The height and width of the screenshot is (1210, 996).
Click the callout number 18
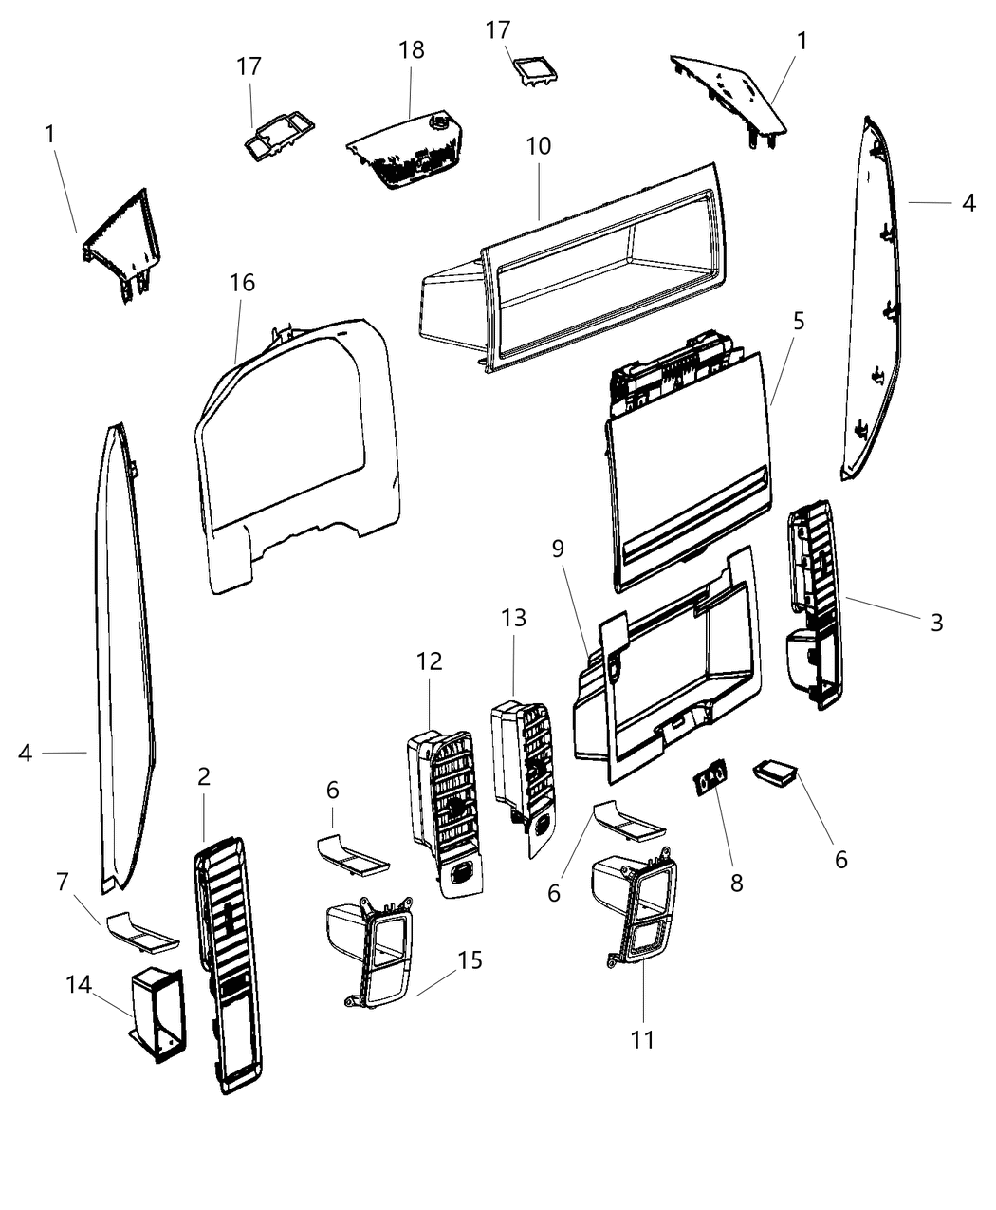(x=412, y=49)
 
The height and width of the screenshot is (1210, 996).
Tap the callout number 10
(x=538, y=146)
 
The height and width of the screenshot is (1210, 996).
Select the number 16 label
(x=242, y=283)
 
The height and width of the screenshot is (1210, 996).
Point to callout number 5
(x=799, y=321)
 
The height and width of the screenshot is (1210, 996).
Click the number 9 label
(x=558, y=549)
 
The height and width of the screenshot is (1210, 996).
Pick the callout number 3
(x=936, y=623)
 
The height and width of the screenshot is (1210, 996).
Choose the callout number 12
(x=429, y=661)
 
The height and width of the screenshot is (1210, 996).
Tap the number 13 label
(x=513, y=618)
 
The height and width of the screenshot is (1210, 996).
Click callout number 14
(x=79, y=984)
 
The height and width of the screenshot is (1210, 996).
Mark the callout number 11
(x=643, y=1039)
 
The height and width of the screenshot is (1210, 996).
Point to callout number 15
(x=470, y=959)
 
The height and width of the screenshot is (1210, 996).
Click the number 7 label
(x=63, y=882)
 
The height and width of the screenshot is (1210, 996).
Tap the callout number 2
(x=204, y=776)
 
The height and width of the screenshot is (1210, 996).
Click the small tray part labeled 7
(x=142, y=931)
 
